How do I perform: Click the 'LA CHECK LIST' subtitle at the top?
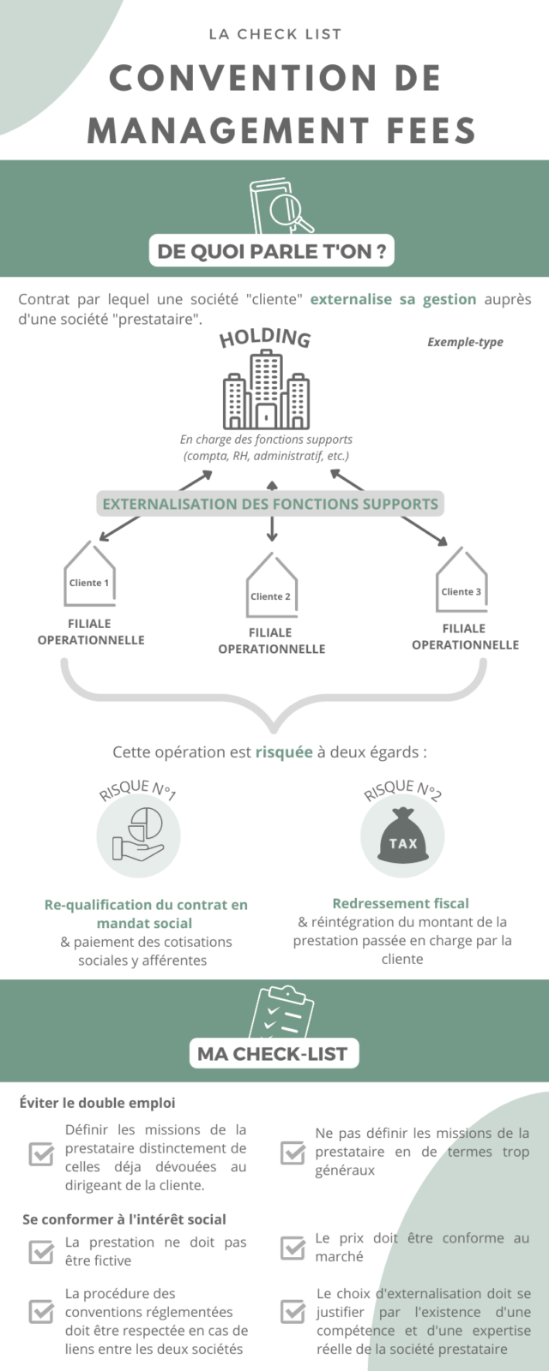[274, 34]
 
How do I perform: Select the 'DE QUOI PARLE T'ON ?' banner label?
[271, 251]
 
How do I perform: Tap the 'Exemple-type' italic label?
[465, 342]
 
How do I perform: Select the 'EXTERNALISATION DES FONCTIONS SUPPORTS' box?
[270, 504]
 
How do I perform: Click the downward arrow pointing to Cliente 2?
[272, 530]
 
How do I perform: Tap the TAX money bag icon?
[402, 835]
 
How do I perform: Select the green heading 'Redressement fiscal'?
[401, 903]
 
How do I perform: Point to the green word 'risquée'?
[284, 752]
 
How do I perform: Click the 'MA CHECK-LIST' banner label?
[273, 1054]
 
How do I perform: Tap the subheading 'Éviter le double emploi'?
[97, 1103]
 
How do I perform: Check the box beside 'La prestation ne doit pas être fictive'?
[41, 1251]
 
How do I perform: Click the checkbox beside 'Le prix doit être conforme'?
[293, 1248]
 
